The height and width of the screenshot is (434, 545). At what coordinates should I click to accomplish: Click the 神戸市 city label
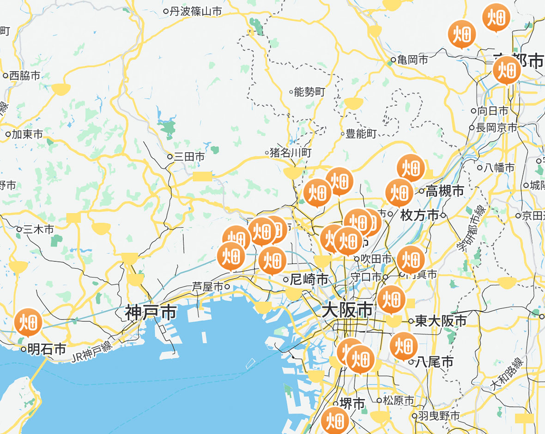[151, 313]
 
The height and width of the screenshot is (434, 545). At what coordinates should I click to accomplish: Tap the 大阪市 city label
[347, 310]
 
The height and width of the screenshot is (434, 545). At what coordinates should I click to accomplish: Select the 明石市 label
[47, 349]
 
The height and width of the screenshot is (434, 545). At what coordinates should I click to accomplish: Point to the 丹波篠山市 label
[196, 11]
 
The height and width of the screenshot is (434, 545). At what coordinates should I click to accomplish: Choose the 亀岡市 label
[412, 60]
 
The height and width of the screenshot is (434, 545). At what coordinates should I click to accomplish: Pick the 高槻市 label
[445, 191]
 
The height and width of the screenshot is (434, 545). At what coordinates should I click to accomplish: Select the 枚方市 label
[420, 215]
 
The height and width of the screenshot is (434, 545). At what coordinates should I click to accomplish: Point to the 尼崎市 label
[309, 279]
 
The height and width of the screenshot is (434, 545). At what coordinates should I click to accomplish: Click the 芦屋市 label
[208, 287]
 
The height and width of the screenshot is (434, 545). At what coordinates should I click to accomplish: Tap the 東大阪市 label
[441, 320]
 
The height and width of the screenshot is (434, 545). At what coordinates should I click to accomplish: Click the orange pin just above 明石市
[29, 322]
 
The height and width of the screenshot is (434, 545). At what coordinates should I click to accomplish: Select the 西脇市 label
[25, 75]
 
